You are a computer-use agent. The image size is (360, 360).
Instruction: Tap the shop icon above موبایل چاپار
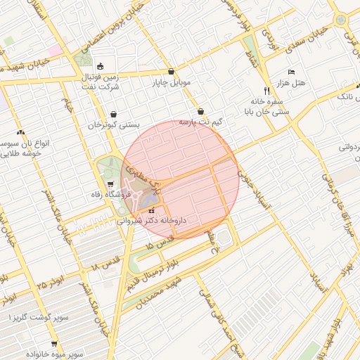click(x=172, y=71)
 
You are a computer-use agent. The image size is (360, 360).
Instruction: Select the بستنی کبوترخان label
click(x=114, y=124)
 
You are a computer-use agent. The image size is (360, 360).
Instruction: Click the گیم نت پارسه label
click(x=200, y=122)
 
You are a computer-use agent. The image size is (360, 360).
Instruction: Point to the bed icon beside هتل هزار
click(x=292, y=72)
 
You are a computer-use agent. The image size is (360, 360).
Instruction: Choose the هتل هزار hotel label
click(x=292, y=84)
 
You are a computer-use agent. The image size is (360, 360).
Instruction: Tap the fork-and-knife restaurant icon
click(x=266, y=91)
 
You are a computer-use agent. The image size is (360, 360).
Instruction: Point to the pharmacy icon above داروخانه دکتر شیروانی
click(x=152, y=210)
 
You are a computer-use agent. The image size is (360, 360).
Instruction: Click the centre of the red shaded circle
click(x=181, y=179)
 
